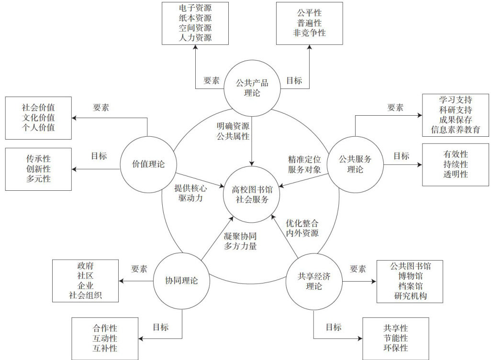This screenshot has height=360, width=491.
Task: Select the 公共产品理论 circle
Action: point(252,87)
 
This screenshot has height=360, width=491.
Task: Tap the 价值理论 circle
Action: point(148,164)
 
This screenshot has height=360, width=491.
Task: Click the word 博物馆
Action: point(410,276)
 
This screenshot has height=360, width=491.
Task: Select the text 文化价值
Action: point(38,117)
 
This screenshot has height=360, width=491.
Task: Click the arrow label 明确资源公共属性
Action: point(233,132)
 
